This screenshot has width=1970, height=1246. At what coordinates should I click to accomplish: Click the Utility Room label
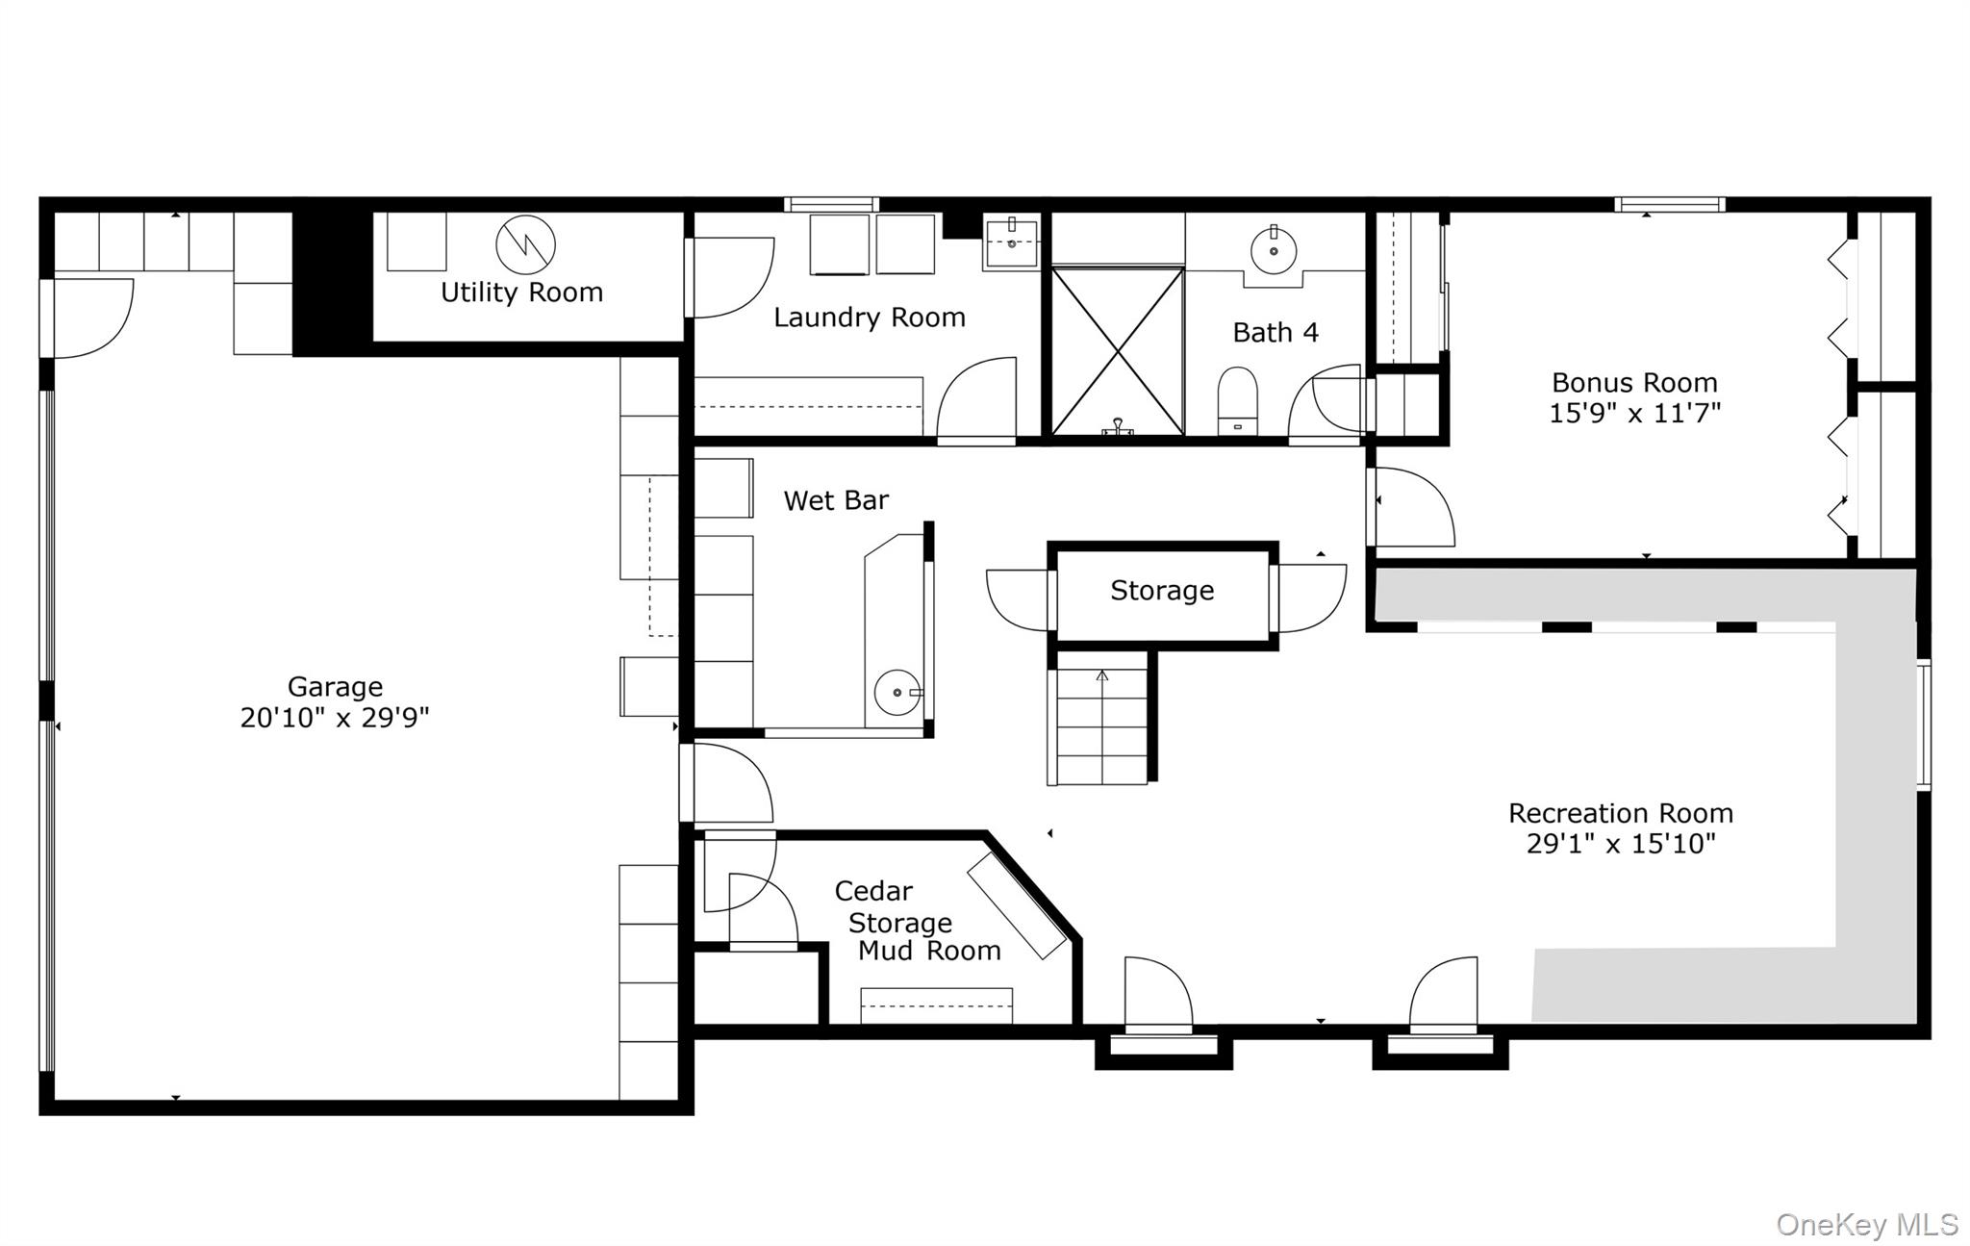[521, 292]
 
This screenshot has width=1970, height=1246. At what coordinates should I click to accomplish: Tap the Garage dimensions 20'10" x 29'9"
[334, 718]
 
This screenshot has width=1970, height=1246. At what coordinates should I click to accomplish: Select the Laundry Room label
[869, 318]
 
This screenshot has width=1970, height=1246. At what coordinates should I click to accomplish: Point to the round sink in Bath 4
[1274, 251]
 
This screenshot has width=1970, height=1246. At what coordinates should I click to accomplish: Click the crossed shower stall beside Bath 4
[1117, 351]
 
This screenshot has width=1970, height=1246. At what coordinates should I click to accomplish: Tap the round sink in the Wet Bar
[897, 692]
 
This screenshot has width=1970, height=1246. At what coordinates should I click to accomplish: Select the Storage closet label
[1162, 591]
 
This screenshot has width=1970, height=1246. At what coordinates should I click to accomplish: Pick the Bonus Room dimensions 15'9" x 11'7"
[1634, 413]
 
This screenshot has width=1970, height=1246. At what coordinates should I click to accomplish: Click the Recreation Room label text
[1620, 814]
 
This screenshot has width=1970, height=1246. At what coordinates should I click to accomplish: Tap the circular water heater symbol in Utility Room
[525, 244]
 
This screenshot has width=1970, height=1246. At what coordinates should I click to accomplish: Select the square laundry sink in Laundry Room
[1011, 242]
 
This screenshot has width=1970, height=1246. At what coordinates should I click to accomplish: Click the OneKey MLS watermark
[1866, 1225]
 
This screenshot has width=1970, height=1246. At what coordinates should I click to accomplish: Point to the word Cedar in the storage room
[873, 891]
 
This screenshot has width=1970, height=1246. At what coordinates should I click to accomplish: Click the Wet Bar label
[835, 500]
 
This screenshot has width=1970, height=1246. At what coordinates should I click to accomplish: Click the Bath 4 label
[1275, 333]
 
